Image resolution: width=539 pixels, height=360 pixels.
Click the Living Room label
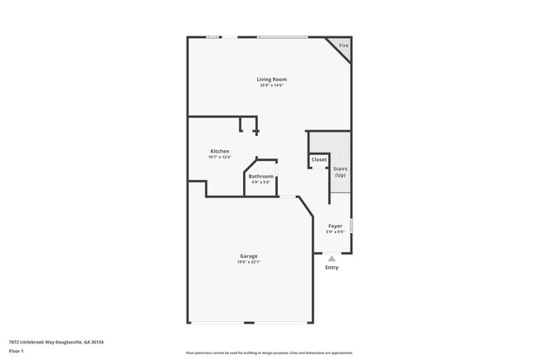(x=271, y=79)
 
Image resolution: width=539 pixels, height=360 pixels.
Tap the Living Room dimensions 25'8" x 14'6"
(x=271, y=85)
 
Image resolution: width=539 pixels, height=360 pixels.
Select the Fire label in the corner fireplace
(x=343, y=45)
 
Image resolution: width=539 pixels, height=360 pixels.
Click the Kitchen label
(x=219, y=151)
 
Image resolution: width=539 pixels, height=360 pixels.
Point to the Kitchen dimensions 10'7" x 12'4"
(x=219, y=157)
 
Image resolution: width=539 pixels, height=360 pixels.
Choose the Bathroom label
(x=261, y=177)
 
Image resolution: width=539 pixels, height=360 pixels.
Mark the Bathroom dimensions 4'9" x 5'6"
(x=261, y=182)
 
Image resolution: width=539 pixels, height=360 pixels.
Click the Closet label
(x=319, y=159)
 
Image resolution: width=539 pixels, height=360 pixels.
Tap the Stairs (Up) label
(x=340, y=172)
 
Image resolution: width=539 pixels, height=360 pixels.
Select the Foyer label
(x=335, y=226)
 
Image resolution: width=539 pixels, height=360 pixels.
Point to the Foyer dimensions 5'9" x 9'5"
(x=335, y=231)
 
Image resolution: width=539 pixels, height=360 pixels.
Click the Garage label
(x=249, y=255)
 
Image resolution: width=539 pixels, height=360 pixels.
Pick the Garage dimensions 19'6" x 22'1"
(x=249, y=261)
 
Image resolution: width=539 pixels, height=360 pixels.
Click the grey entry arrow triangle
(x=332, y=259)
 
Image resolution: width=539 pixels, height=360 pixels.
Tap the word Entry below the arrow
(x=332, y=267)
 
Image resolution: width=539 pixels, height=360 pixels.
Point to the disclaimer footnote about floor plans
(x=269, y=353)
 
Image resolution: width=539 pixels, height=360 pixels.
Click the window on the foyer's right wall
(x=352, y=226)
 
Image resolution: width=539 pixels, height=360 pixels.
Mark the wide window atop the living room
(x=282, y=36)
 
